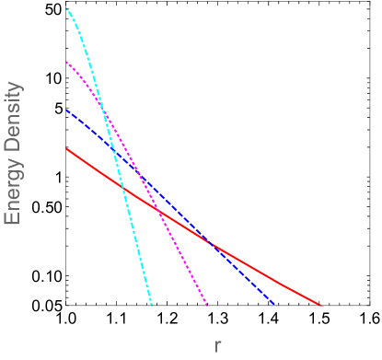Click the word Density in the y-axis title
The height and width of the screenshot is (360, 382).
coord(13,116)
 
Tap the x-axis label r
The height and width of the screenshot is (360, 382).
coord(217,345)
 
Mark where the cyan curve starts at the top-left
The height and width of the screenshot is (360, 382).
coord(67,7)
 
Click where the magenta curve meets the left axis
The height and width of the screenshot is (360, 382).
coord(67,62)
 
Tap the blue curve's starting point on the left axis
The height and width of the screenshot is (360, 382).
coord(67,110)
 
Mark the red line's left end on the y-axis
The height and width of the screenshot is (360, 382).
coord(67,148)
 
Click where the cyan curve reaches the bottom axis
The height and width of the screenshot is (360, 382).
coord(150,303)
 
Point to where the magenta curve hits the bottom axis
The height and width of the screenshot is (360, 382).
coord(207,303)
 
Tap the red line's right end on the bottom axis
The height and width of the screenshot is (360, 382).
coord(321,303)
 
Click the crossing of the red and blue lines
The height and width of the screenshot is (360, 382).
coord(210,244)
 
